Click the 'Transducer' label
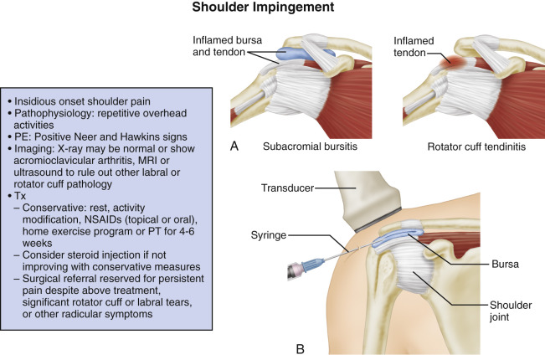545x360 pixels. coord(280,189)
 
